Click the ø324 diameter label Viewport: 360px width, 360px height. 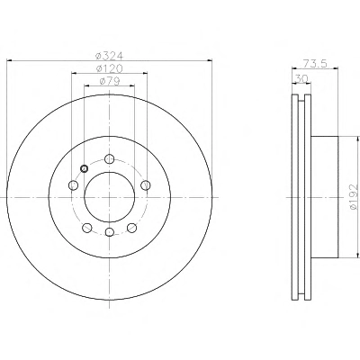(109, 56)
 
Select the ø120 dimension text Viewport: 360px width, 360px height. (109, 68)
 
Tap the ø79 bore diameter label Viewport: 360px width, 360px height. (109, 81)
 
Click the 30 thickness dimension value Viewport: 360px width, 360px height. (301, 78)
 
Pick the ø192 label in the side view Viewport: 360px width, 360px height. (354, 197)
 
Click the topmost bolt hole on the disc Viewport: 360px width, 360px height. (110, 158)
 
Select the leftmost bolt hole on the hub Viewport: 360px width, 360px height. (74, 184)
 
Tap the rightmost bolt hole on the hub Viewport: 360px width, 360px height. (146, 184)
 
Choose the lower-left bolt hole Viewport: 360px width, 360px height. (87, 228)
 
